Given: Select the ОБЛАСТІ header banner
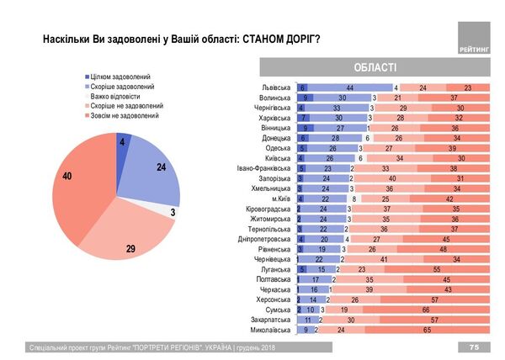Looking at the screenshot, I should pyautogui.click(x=369, y=68).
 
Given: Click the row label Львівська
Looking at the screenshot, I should pyautogui.click(x=274, y=87).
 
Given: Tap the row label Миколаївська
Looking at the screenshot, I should pyautogui.click(x=268, y=331).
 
